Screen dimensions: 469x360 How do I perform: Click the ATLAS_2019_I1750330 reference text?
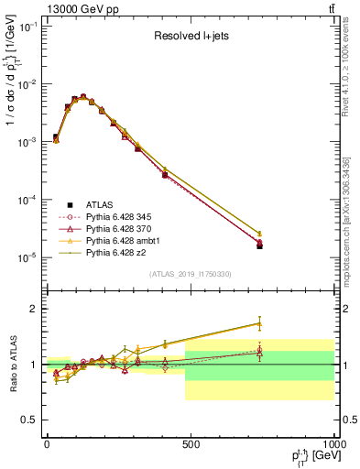tap(190, 274)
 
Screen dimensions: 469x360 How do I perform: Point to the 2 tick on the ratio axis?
tap(32, 309)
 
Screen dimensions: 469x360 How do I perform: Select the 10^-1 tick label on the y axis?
tap(25, 27)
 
